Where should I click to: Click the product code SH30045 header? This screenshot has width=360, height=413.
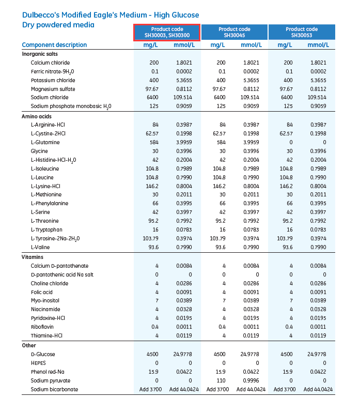click(x=234, y=32)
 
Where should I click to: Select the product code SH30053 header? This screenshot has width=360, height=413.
click(x=302, y=32)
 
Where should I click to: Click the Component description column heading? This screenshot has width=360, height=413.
click(x=54, y=45)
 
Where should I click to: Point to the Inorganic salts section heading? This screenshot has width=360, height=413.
click(x=40, y=54)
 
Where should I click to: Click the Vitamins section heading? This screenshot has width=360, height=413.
click(x=32, y=257)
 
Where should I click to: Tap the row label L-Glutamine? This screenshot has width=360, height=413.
click(x=45, y=142)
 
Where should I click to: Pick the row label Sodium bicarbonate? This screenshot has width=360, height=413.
click(x=54, y=389)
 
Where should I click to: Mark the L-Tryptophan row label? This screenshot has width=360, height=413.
click(x=46, y=230)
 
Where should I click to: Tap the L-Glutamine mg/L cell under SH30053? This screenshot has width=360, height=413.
click(x=289, y=142)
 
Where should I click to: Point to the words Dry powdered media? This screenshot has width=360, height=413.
click(x=58, y=25)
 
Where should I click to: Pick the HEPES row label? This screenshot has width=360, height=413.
click(x=39, y=363)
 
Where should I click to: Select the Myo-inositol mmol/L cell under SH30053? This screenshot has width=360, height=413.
click(x=317, y=300)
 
